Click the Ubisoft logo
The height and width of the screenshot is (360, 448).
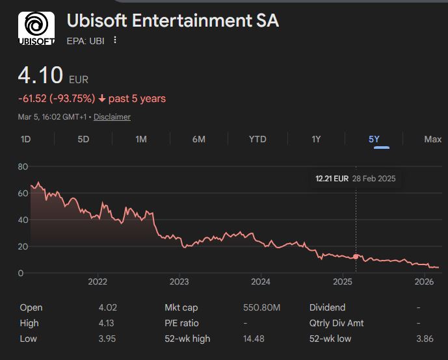(36, 29)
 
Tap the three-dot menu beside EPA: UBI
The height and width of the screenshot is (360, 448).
(116, 40)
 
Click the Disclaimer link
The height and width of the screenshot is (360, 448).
(112, 117)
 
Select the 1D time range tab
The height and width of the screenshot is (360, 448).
(26, 139)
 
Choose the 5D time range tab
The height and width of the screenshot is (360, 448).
(83, 139)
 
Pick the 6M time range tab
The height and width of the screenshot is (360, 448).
(199, 139)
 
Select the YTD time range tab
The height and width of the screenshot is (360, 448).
(257, 139)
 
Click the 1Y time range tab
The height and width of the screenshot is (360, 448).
(316, 139)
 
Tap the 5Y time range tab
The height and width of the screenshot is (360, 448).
(374, 139)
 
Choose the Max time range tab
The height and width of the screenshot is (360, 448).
(432, 139)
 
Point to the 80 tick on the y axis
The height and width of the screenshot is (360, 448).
(23, 166)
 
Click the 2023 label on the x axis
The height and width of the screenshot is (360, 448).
(179, 282)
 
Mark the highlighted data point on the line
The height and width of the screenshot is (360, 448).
(356, 257)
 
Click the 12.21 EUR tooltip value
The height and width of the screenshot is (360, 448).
(332, 179)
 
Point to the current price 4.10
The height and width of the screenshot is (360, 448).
(40, 76)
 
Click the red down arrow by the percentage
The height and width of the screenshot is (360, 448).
(102, 99)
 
